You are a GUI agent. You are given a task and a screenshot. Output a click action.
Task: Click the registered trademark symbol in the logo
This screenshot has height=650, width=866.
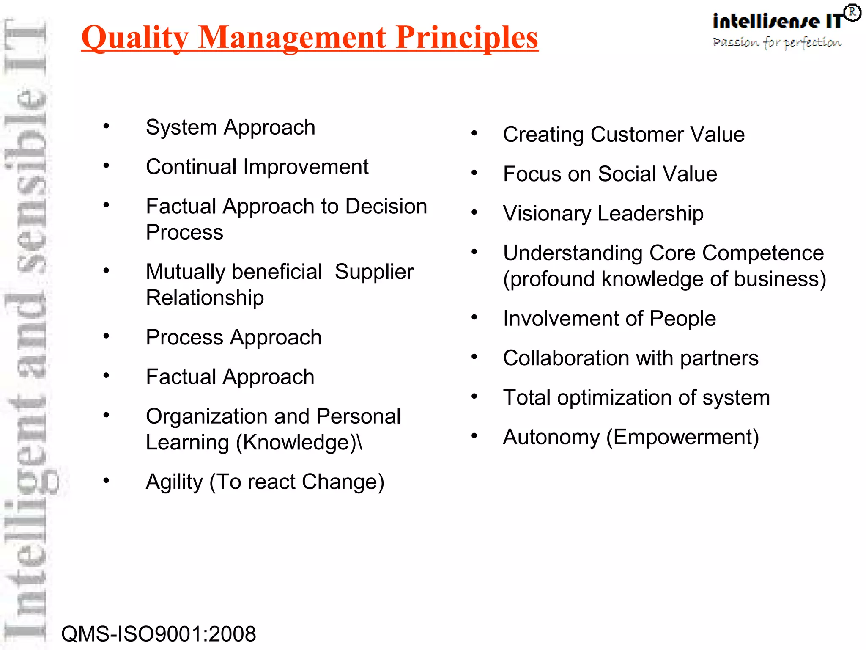pos(852,13)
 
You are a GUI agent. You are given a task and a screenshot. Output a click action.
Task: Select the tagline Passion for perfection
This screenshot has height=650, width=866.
pos(777,43)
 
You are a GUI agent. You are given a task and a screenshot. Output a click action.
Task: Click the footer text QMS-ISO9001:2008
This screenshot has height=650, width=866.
pos(159,633)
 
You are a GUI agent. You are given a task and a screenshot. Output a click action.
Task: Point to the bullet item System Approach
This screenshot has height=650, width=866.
pos(230,127)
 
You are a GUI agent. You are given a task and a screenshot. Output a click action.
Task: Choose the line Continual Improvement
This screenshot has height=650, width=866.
pos(257,167)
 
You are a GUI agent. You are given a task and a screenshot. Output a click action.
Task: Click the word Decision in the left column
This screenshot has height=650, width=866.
pos(386,207)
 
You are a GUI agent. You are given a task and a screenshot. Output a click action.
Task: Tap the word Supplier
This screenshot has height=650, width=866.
pos(374,272)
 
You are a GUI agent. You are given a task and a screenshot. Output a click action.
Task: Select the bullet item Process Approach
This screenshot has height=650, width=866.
pos(233,337)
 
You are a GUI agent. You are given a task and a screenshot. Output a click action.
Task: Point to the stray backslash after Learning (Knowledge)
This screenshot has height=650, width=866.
pos(360,443)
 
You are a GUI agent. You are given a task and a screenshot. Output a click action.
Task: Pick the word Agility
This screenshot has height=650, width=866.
pos(174,482)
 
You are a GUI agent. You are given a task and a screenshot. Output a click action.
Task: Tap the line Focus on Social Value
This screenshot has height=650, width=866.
pos(610,174)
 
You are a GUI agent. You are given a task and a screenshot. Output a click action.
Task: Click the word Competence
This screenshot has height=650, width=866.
pos(763,253)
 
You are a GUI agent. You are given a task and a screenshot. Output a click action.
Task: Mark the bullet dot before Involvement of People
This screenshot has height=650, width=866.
pos(474,317)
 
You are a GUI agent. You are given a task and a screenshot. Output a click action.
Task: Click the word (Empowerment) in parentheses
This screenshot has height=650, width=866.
pos(682,437)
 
